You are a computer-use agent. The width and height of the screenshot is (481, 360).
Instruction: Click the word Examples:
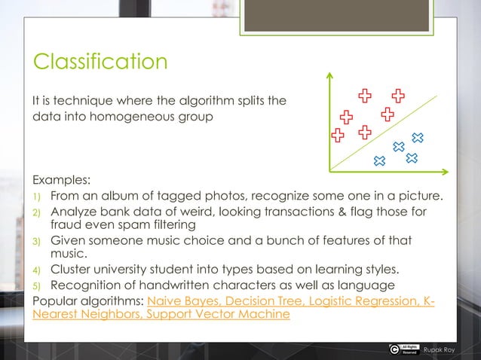click(61, 182)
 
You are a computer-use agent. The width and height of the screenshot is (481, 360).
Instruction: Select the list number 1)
click(36, 197)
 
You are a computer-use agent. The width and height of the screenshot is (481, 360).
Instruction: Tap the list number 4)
click(36, 270)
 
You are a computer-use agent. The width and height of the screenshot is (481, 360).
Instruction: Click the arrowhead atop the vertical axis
click(329, 75)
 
